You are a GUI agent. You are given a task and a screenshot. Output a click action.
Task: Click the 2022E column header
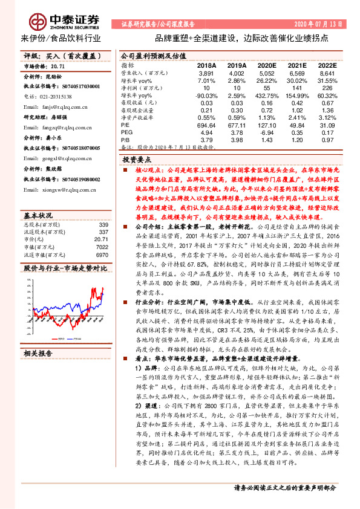327,65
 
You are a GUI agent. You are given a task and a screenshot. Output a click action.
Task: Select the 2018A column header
206,65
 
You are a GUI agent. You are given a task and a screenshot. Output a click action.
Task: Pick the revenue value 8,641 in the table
327,73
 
